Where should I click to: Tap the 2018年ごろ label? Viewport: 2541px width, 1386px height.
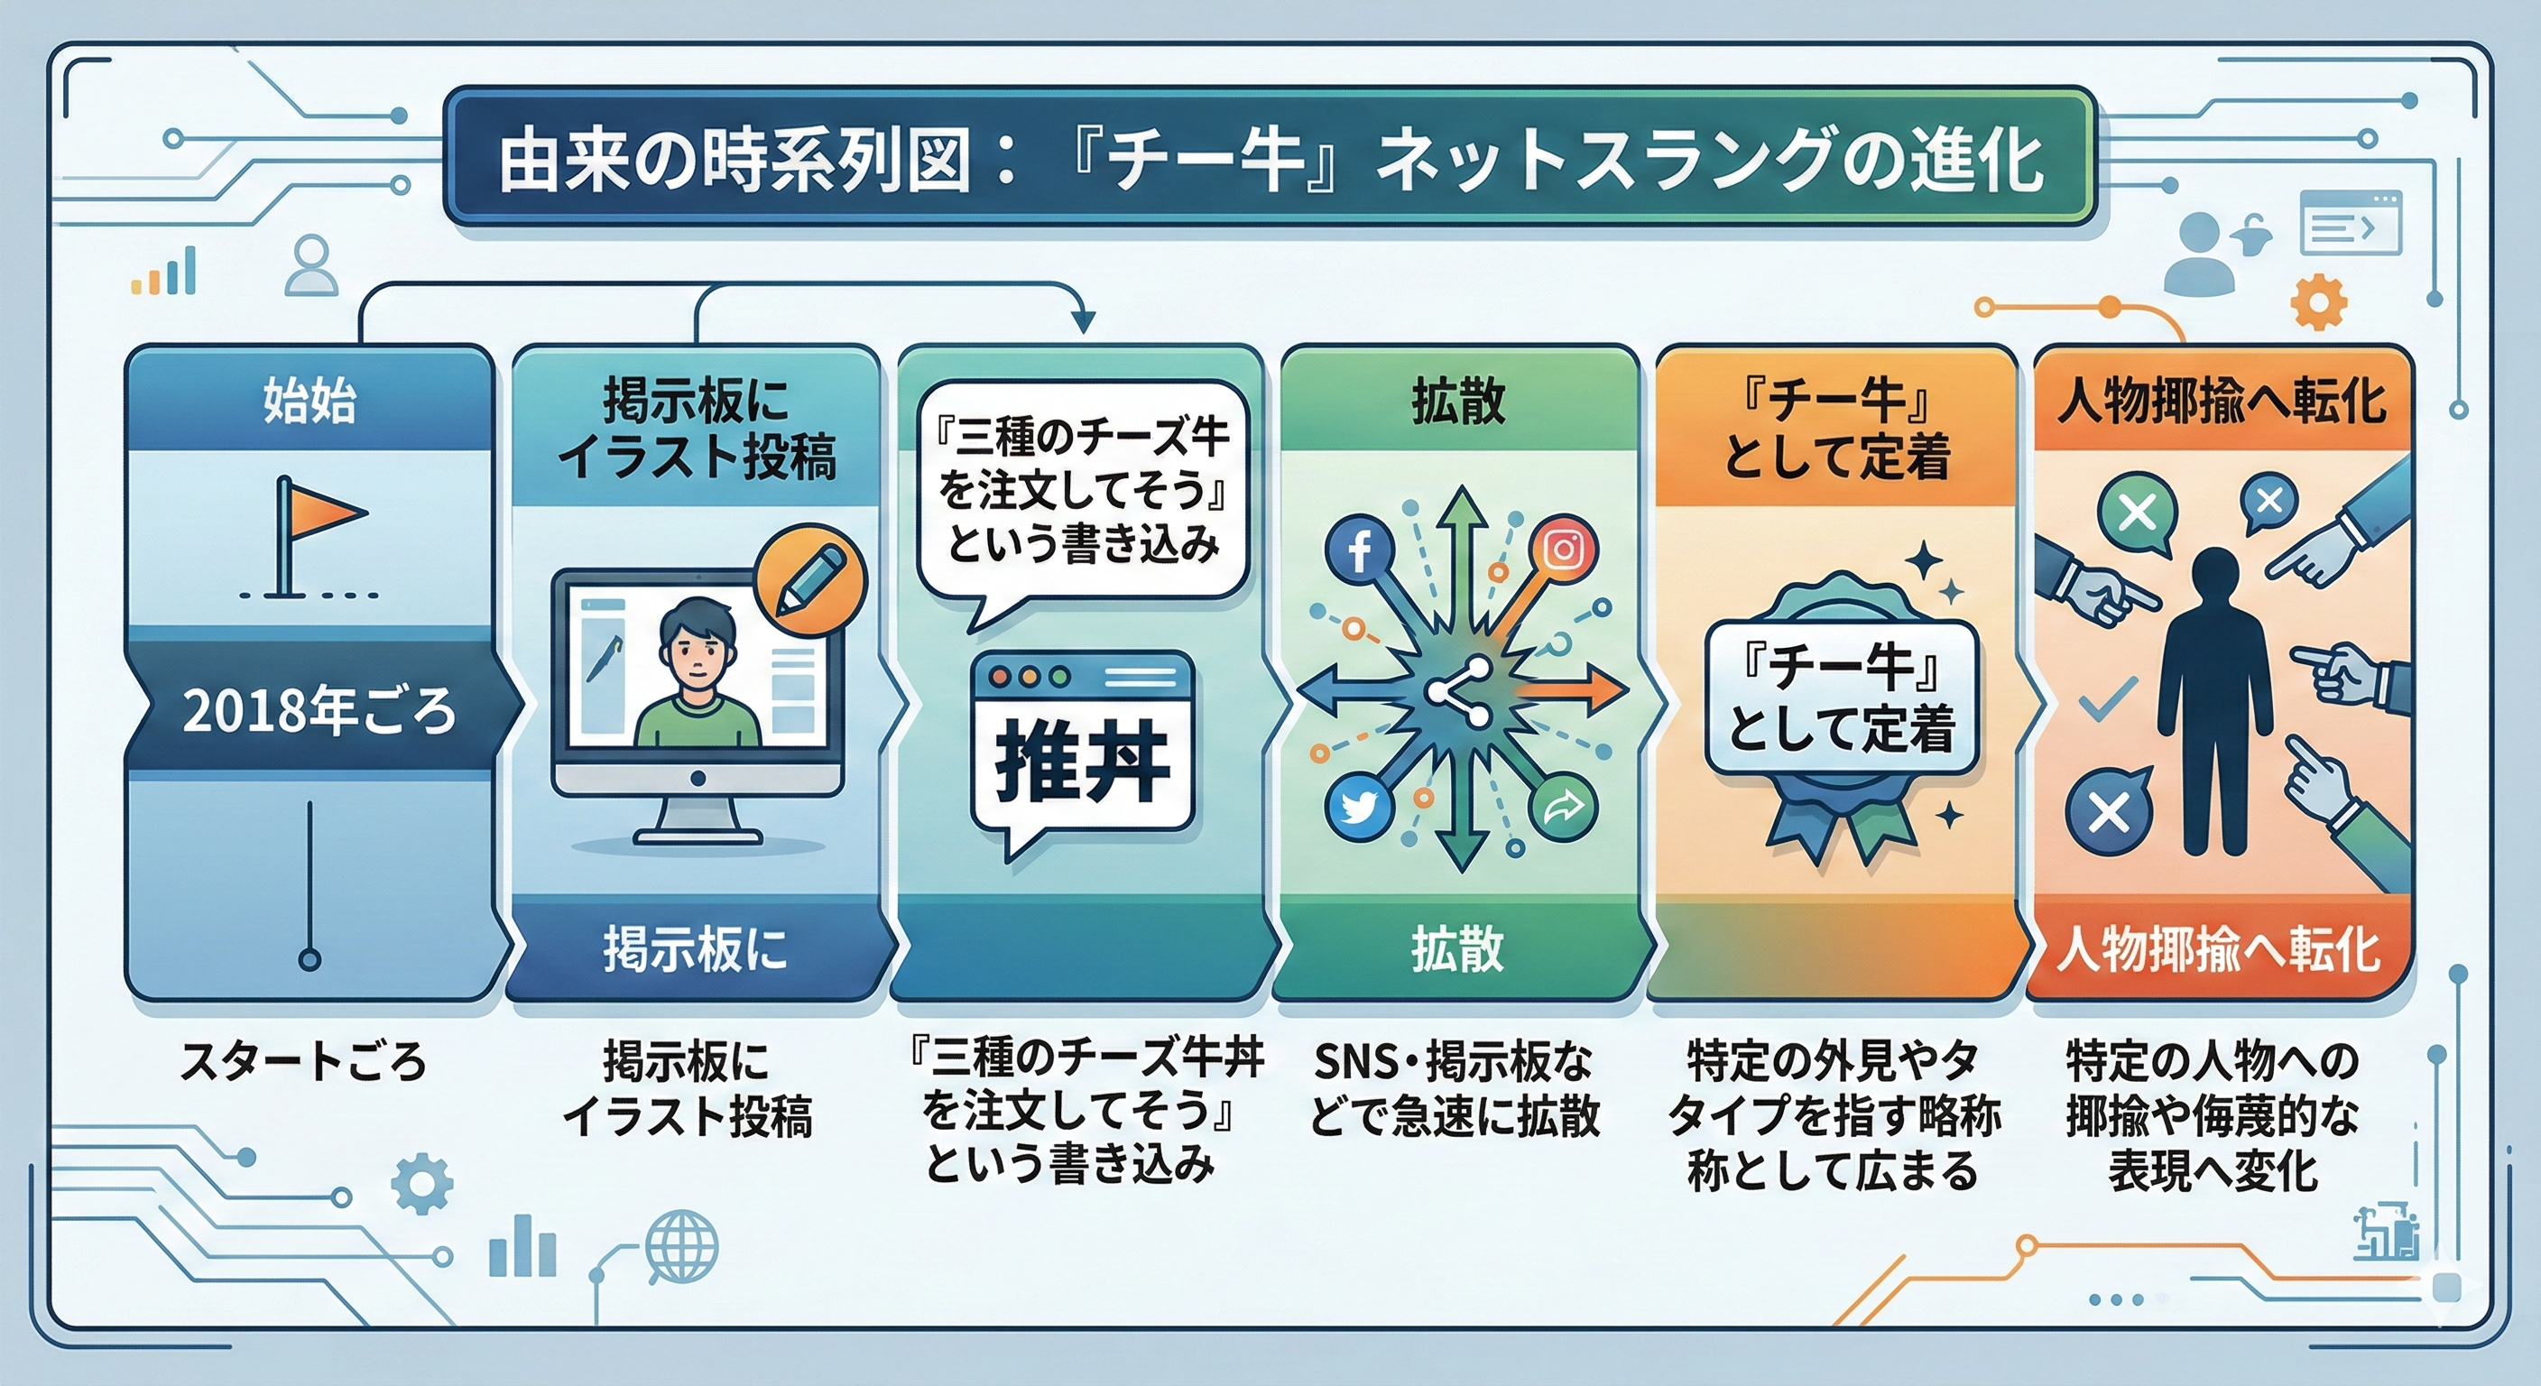tap(319, 710)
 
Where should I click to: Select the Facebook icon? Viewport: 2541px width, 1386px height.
tap(1359, 550)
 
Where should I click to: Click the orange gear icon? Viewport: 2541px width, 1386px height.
tap(2318, 302)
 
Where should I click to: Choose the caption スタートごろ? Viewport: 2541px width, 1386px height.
tap(303, 1061)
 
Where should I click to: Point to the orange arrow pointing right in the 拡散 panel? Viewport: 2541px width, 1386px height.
tap(1571, 690)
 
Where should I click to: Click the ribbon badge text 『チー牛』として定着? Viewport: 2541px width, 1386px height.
tap(1842, 698)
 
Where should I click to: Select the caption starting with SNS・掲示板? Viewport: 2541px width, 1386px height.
tap(1454, 1089)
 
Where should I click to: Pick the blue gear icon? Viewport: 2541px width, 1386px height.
tap(422, 1184)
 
